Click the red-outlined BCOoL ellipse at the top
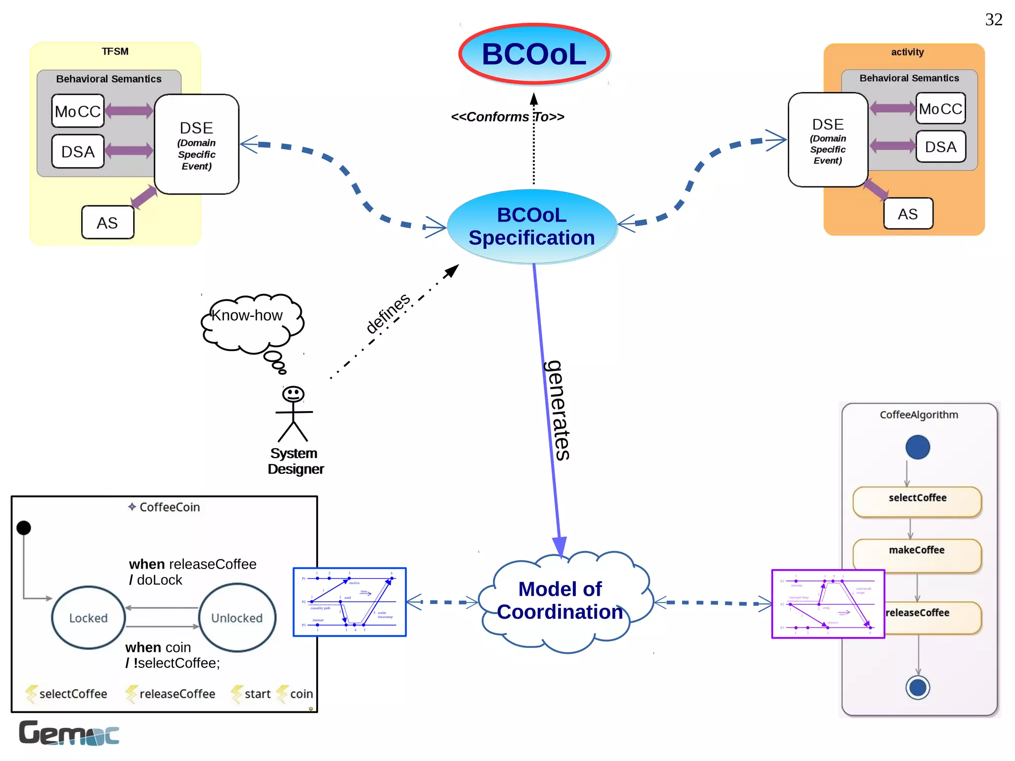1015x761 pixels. [534, 54]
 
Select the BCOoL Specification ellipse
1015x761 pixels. [532, 226]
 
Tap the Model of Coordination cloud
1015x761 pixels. [560, 601]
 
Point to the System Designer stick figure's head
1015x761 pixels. [293, 394]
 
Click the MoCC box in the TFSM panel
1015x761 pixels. [78, 111]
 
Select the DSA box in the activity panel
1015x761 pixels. [940, 147]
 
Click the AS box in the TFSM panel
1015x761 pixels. [108, 223]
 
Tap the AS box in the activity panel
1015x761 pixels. [907, 214]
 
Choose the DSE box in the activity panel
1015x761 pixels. [828, 140]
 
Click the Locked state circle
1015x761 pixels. [88, 618]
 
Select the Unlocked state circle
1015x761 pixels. [237, 618]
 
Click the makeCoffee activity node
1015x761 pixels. [916, 555]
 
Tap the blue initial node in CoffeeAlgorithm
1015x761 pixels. [917, 447]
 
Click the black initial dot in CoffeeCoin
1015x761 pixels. [23, 527]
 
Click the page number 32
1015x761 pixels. [993, 20]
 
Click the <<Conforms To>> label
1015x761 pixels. [507, 117]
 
